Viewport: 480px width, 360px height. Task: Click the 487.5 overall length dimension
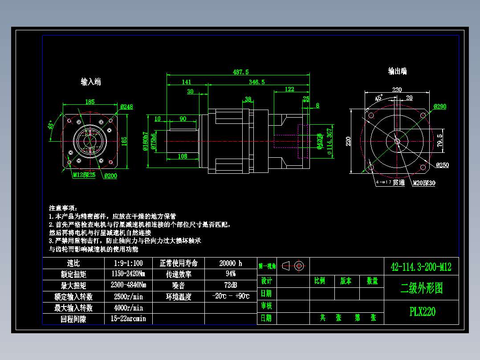(240, 72)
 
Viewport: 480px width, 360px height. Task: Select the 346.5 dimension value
(256, 82)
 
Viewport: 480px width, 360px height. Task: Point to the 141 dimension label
(187, 82)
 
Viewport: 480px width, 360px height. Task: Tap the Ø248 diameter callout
(126, 107)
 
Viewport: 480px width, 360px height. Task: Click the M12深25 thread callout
(84, 175)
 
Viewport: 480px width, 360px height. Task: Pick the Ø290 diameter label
(439, 106)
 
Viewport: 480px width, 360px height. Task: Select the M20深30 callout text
(424, 183)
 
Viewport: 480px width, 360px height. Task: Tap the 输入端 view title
(91, 82)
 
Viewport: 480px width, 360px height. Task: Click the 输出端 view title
(397, 71)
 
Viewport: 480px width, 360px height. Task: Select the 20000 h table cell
(231, 263)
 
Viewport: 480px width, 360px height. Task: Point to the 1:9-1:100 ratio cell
(128, 263)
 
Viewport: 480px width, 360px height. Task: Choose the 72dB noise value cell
(231, 285)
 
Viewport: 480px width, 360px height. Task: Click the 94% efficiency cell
(231, 274)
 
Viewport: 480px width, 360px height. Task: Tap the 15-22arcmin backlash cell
(128, 319)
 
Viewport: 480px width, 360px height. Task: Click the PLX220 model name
(422, 311)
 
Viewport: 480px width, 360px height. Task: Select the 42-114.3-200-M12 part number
(421, 267)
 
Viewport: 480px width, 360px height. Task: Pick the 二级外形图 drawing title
(422, 288)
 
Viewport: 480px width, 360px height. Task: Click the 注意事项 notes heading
(63, 208)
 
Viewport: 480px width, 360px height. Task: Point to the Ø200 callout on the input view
(110, 176)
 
